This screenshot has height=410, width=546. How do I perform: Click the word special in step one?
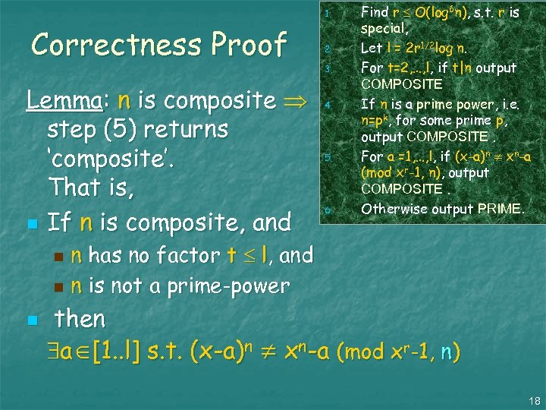coord(383,29)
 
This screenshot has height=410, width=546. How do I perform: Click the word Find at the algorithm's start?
coord(375,12)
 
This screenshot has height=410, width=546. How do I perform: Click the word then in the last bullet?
coord(80,318)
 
